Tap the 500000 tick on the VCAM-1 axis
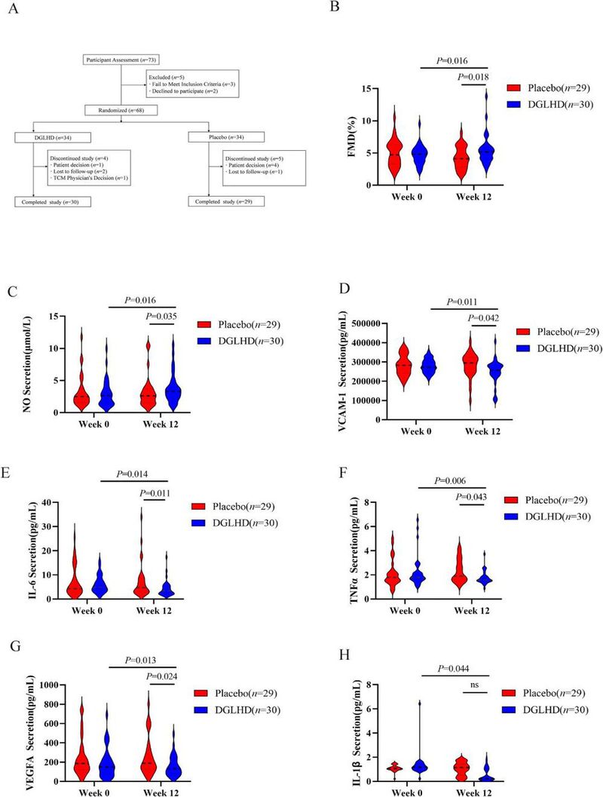[362, 323]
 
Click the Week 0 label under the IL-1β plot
[407, 791]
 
